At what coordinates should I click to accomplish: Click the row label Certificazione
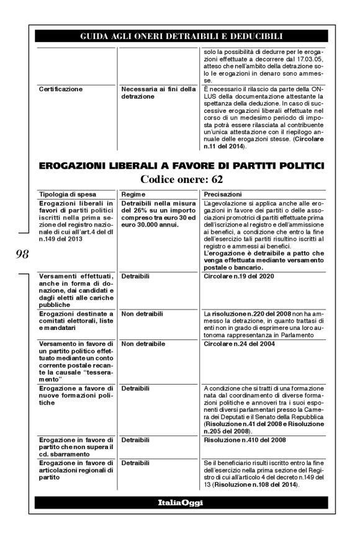pyautogui.click(x=60, y=89)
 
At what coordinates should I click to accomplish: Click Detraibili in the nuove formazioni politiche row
pyautogui.click(x=135, y=389)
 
